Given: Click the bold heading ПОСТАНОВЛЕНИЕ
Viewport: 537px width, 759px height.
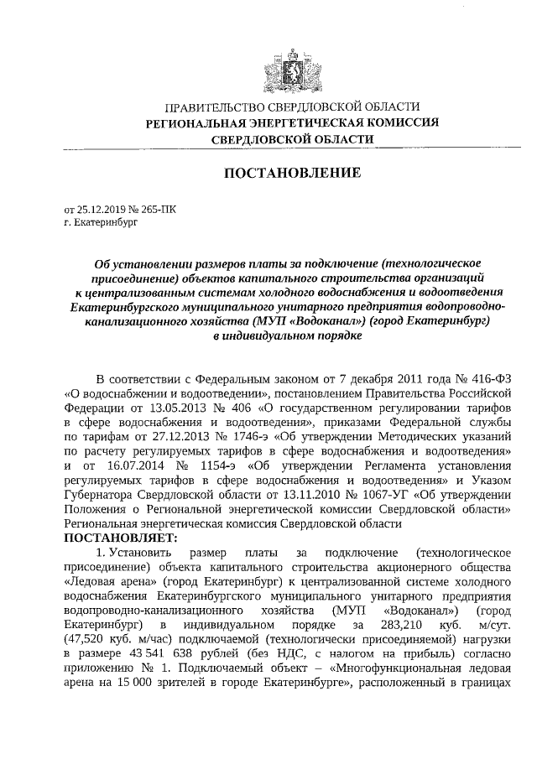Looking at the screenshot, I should pos(290,173).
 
